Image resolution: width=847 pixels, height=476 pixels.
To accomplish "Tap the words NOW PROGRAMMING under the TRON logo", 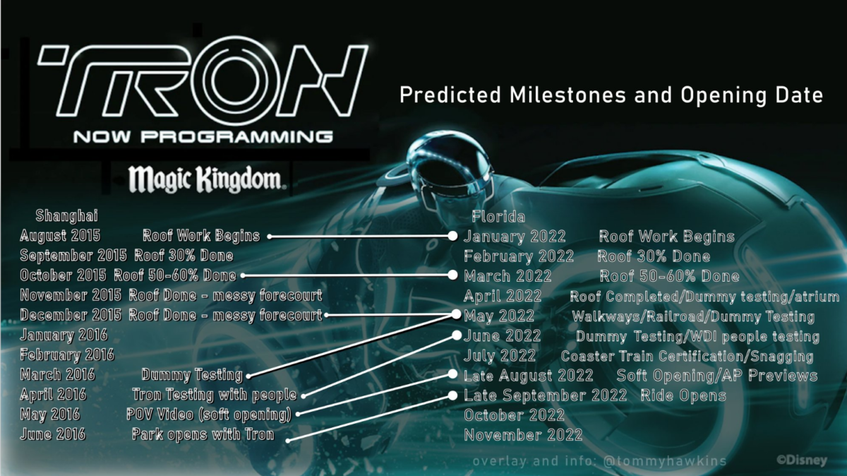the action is (203, 136).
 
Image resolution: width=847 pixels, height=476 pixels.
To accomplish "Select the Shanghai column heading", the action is (66, 215).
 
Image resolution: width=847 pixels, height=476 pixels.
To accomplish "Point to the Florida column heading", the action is (498, 217).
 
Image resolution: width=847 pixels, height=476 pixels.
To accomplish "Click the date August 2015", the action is (60, 236).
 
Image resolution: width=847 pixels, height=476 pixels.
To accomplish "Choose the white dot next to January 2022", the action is (452, 236).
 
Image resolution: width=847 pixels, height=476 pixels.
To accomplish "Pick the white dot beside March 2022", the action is (452, 275).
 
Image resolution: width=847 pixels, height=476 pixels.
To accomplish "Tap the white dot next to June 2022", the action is (457, 335).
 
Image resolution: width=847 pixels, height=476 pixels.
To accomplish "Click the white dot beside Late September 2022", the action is (452, 395).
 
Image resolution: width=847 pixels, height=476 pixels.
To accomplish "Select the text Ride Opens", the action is (683, 395).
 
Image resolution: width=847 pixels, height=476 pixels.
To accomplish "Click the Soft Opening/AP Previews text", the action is (717, 376).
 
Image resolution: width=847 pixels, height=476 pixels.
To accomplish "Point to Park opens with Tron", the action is (203, 434).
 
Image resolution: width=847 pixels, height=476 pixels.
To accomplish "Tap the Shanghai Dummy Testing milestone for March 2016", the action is (192, 375).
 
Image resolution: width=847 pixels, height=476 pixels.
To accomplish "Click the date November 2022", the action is (523, 435).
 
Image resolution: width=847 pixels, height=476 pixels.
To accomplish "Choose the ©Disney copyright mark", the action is (802, 460).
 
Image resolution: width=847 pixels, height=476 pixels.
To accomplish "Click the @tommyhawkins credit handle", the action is (665, 461).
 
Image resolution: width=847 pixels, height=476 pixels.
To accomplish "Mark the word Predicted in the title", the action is (450, 95).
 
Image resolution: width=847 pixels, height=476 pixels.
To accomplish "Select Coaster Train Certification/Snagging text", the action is (687, 356).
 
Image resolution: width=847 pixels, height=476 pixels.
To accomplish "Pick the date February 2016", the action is (67, 355).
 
